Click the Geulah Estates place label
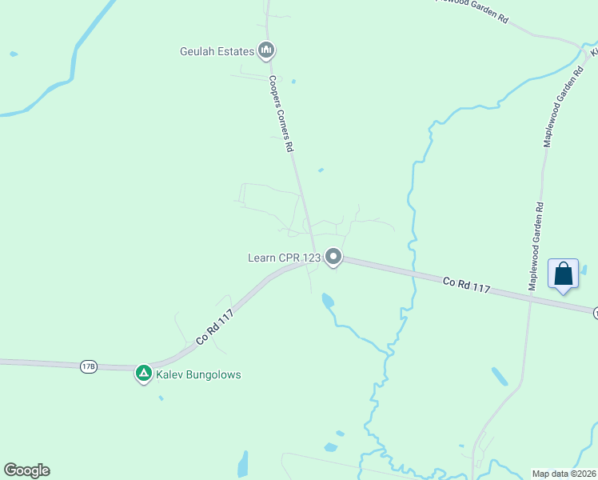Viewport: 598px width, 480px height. [217, 52]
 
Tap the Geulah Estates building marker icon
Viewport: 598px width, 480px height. [266, 51]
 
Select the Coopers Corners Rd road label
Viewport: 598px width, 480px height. [281, 114]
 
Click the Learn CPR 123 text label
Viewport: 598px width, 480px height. [284, 258]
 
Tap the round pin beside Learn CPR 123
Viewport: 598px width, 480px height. [334, 258]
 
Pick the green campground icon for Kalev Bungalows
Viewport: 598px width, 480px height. [144, 373]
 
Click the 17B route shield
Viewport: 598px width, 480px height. [88, 366]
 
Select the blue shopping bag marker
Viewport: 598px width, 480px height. [564, 274]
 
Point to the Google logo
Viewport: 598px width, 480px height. [26, 470]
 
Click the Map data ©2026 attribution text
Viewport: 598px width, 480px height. [564, 473]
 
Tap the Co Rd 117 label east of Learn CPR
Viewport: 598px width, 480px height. [466, 284]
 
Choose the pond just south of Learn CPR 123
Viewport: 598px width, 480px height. [327, 301]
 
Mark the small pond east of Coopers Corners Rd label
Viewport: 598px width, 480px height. [321, 170]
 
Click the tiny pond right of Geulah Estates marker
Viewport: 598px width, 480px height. [293, 81]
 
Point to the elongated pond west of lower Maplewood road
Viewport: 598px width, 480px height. [500, 376]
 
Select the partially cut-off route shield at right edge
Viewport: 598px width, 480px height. [594, 313]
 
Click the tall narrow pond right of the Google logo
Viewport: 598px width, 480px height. [243, 463]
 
